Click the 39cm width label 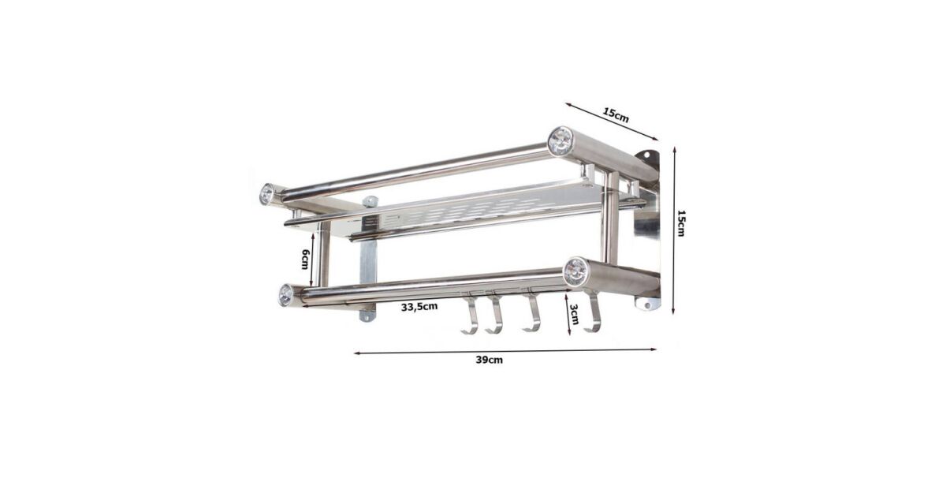click(489, 360)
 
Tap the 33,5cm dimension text click(419, 307)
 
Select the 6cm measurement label click(305, 259)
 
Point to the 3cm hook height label click(574, 314)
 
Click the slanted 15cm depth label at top click(616, 115)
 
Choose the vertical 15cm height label click(681, 223)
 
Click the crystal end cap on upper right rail click(561, 140)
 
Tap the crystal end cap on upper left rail click(267, 194)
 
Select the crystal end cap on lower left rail click(286, 294)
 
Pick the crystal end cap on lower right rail click(575, 271)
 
